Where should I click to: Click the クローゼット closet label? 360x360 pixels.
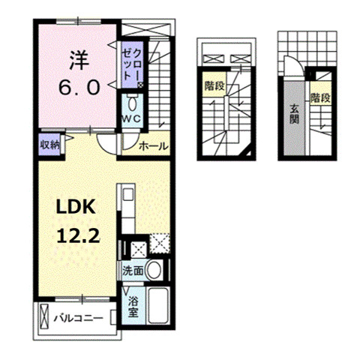(132, 64)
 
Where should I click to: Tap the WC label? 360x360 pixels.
(132, 118)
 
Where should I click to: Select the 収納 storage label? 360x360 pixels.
(50, 145)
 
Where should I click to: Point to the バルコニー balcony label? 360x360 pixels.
(77, 319)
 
